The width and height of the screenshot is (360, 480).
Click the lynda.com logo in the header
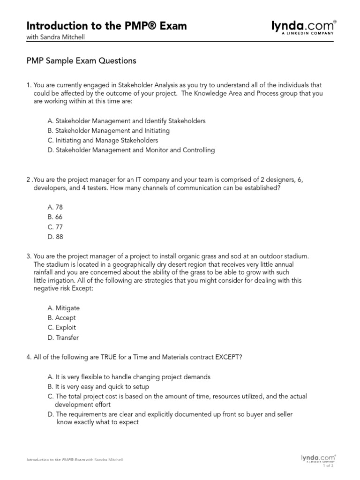304,27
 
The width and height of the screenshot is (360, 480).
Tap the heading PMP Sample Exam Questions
81,61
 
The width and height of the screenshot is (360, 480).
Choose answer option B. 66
55,217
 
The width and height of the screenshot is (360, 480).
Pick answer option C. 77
55,227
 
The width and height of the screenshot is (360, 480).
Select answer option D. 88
55,237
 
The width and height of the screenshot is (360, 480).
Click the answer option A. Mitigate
63,308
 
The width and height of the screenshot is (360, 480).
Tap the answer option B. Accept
61,318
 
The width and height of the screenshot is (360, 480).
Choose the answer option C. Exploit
61,328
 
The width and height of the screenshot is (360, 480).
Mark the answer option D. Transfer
63,337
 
